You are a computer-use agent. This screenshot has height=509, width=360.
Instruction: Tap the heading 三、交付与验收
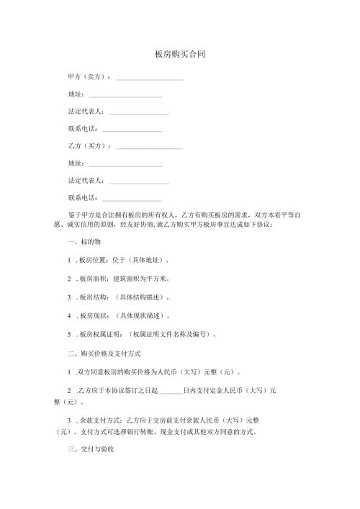pyautogui.click(x=89, y=448)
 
